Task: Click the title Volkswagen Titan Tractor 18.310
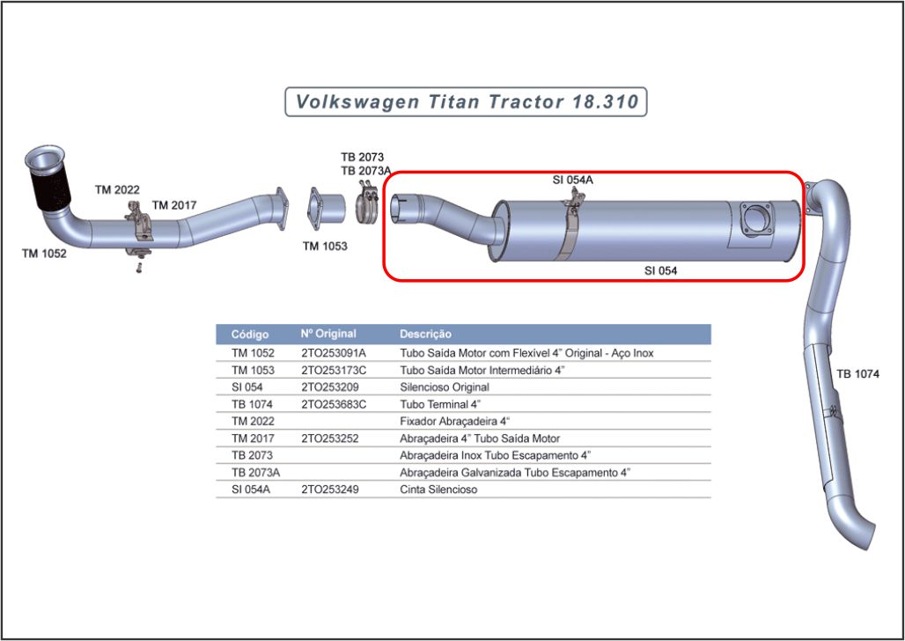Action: click(x=467, y=102)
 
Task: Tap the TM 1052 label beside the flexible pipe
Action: click(x=44, y=254)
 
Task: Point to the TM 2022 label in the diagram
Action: click(x=117, y=190)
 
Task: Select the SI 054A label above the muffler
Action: click(x=572, y=180)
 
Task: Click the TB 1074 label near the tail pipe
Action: click(x=858, y=374)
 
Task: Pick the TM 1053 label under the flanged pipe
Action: click(x=325, y=247)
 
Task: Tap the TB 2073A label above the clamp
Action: click(x=366, y=171)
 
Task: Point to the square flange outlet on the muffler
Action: click(x=755, y=219)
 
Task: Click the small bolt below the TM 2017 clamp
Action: click(x=138, y=269)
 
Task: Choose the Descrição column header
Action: click(x=425, y=334)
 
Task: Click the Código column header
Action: click(x=250, y=335)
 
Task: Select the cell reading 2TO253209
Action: click(x=329, y=387)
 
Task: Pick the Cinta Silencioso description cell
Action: click(x=438, y=490)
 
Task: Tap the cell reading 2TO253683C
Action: click(x=334, y=404)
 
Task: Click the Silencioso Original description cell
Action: click(x=445, y=387)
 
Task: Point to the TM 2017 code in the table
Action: click(x=253, y=438)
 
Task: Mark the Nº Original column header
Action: click(x=328, y=334)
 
